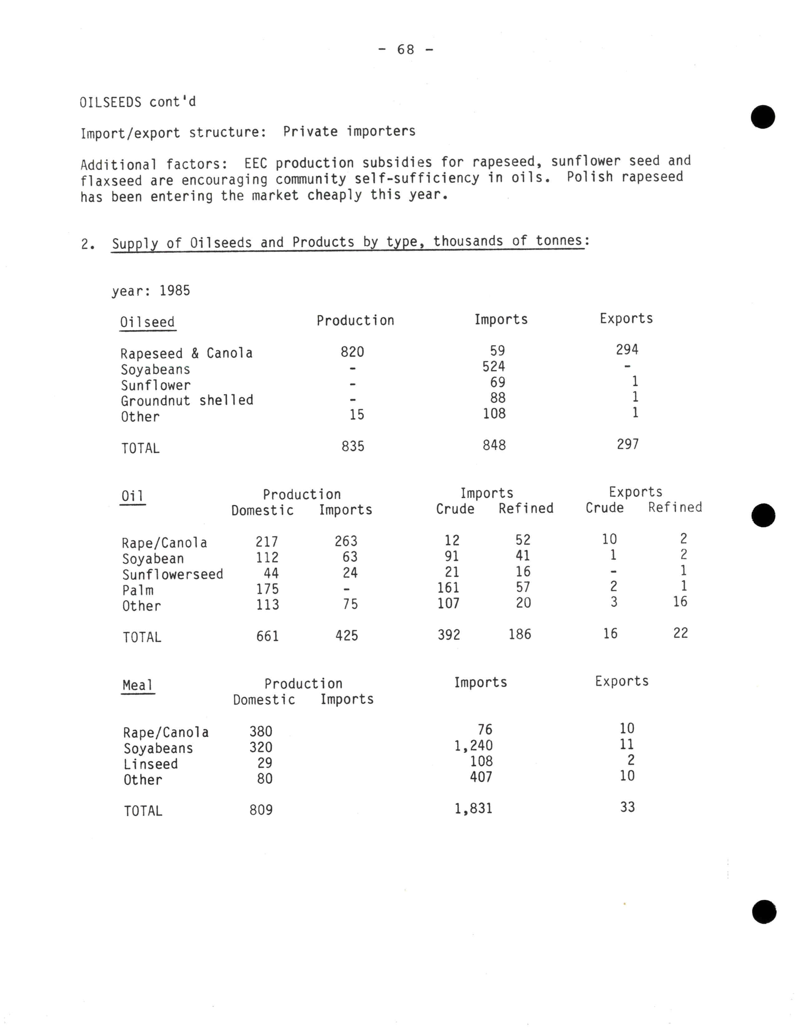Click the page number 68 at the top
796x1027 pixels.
coord(405,49)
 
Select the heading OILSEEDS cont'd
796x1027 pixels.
coord(137,102)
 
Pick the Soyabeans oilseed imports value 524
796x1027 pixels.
coord(494,366)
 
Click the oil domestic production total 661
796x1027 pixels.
coord(268,636)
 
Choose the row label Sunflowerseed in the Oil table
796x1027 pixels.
coord(172,574)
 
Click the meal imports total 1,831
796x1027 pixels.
coord(473,808)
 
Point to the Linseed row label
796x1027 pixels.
coord(150,764)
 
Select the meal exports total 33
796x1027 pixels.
coord(627,807)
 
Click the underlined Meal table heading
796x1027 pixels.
coord(138,685)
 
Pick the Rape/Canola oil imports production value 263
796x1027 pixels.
coord(346,541)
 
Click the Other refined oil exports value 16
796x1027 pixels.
coord(680,602)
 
